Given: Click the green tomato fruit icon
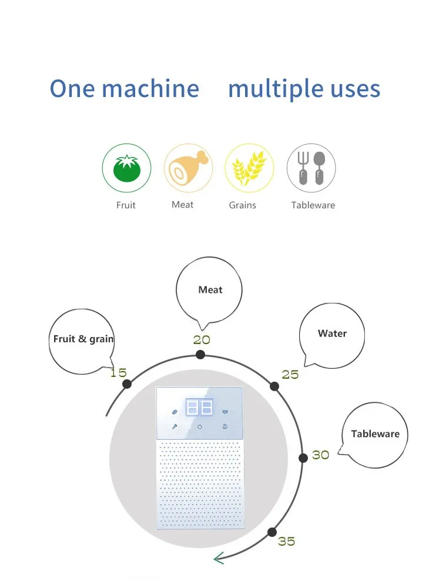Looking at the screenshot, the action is point(126,169).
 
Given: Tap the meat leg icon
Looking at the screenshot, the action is point(187,168).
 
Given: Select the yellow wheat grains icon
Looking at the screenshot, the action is point(249,168).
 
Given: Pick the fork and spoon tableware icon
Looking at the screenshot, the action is point(311,168).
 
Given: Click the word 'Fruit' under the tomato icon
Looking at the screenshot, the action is point(126,205).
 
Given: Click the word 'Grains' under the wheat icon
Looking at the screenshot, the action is point(243,205).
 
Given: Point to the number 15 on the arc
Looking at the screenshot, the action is point(118,372).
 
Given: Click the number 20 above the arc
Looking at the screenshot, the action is point(202,340).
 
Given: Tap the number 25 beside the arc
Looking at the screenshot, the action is point(290,375).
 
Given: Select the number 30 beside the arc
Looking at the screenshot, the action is point(320,455).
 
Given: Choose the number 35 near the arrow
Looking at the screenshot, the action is point(287,541).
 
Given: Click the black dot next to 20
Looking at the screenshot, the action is point(200,354).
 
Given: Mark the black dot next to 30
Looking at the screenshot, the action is point(303,458).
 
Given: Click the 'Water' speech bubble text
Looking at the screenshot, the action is point(332,333).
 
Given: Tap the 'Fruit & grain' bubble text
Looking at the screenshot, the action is point(83,339).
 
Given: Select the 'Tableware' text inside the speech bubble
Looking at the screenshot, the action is point(375,434).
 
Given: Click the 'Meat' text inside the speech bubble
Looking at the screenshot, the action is point(210,290).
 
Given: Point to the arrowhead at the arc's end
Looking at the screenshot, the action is point(218,558).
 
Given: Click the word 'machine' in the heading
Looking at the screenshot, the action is point(150,88).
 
